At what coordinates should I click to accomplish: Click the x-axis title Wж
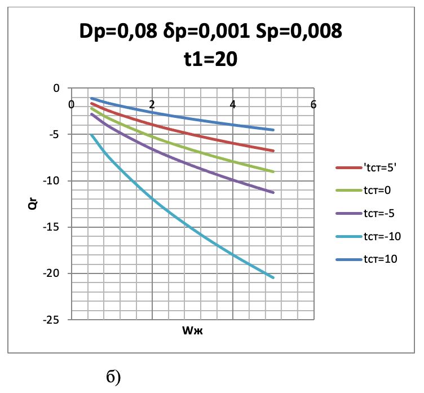(x=192, y=330)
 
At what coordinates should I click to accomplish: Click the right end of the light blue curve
(x=273, y=277)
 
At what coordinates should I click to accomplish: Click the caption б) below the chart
(x=113, y=377)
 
